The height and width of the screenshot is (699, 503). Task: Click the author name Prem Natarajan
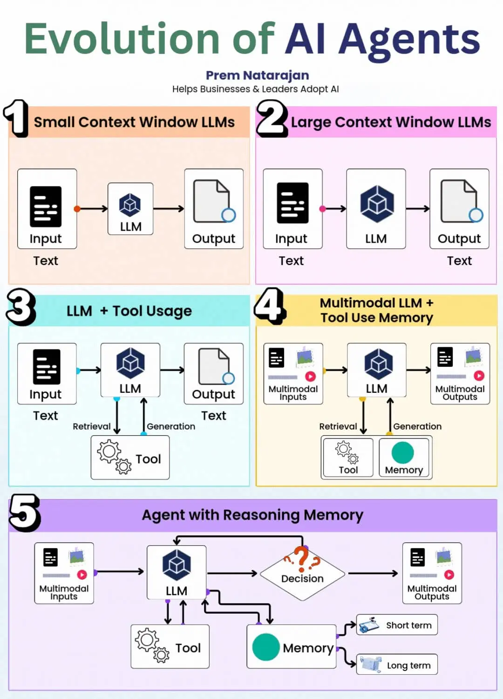pos(257,75)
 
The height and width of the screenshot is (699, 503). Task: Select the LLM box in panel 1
pos(130,209)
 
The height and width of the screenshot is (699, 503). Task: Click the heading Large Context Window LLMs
pos(391,122)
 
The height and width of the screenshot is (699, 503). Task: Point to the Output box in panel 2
pos(459,209)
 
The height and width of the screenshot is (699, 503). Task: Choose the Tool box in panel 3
pos(130,458)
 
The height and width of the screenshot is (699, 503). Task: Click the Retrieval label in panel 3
pos(92,426)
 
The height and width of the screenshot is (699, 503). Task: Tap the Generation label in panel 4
pos(417,426)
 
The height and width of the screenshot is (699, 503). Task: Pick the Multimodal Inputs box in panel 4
pos(293,374)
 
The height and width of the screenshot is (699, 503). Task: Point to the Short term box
pos(397,625)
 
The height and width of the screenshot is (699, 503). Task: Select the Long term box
pos(397,665)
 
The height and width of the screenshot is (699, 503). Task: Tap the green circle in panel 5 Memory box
pos(265,647)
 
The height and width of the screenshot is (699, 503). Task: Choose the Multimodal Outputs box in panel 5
pos(432,573)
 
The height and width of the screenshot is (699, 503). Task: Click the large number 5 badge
pos(24,514)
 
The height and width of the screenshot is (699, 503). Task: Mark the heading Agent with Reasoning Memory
pos(252,515)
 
